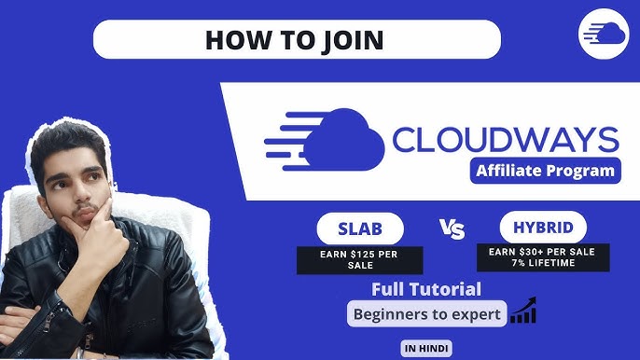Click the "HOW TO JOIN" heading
click(297, 40)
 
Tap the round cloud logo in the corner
click(603, 35)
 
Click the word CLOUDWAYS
click(505, 139)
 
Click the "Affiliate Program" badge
click(545, 171)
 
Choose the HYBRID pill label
click(543, 227)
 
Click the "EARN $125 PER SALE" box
click(360, 259)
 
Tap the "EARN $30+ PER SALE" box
click(543, 256)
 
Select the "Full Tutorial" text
click(426, 289)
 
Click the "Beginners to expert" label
click(427, 314)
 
